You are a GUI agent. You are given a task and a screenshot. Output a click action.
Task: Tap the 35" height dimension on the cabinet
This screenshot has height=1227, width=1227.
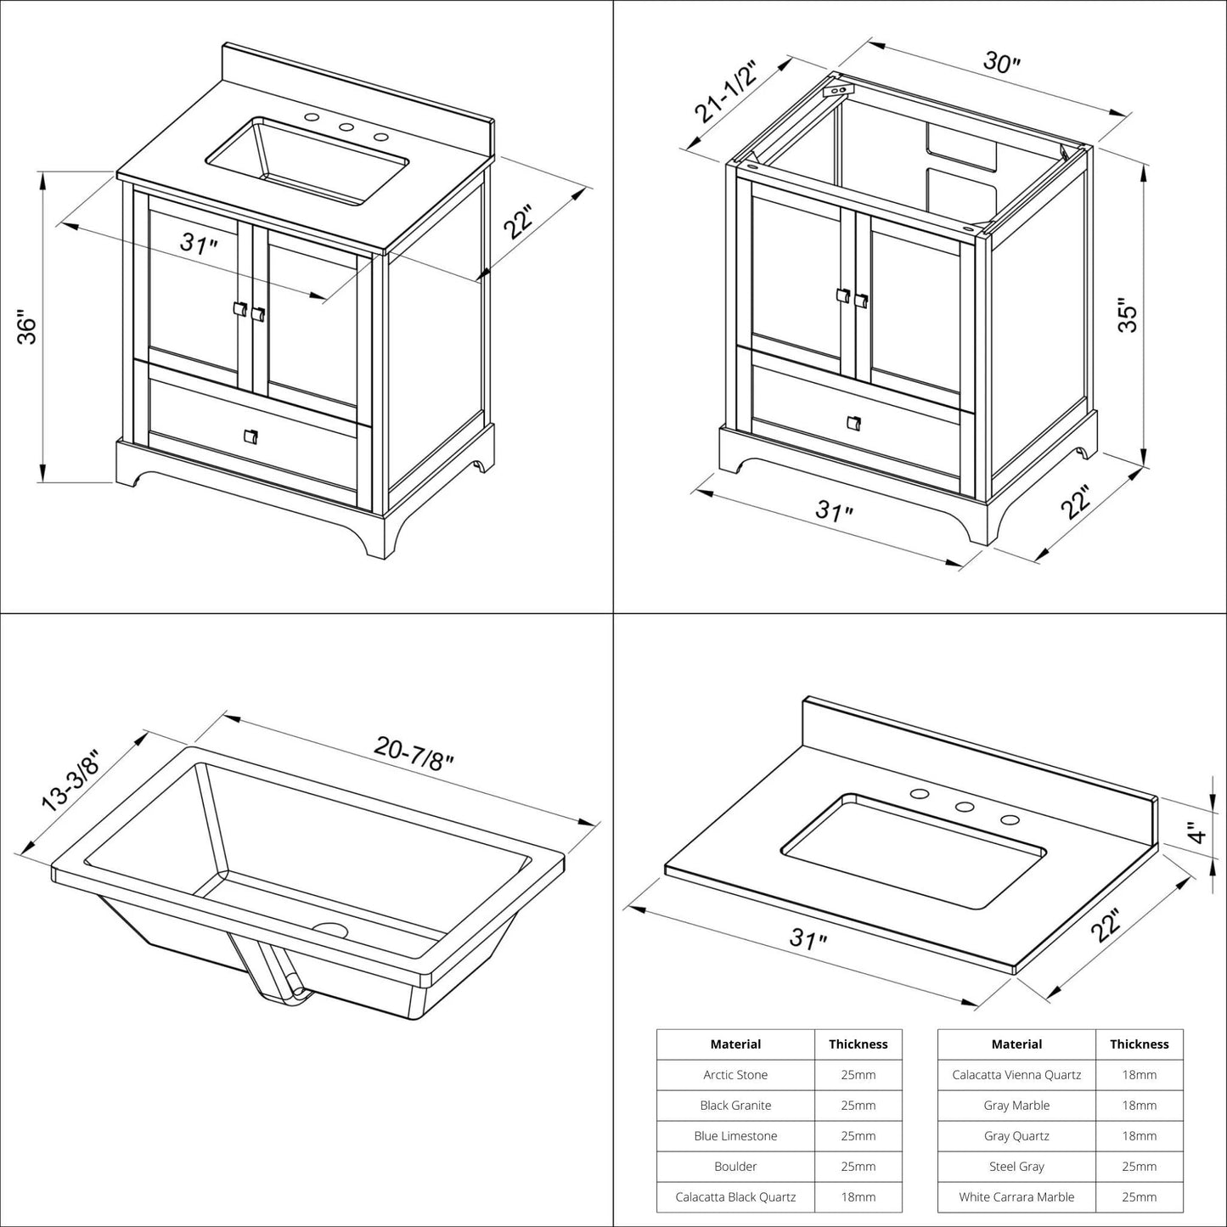coord(1127,315)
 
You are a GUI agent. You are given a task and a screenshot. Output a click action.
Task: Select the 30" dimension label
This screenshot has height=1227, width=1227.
coord(1002,63)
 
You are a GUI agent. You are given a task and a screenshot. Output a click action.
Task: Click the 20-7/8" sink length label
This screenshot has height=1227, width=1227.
coord(414,750)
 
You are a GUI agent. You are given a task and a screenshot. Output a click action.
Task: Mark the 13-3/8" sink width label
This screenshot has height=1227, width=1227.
coord(71,780)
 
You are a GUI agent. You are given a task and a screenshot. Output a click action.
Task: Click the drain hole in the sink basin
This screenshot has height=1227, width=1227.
coord(331,930)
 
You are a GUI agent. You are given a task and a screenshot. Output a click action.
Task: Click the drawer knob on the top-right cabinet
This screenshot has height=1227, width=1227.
coord(853,422)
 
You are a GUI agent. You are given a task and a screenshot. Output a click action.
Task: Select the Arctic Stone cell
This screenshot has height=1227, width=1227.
coord(735,1075)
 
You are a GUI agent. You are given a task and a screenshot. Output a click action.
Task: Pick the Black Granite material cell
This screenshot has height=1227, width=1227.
coord(735,1106)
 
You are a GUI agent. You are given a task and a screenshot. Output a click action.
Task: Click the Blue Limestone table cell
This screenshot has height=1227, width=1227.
coord(735,1136)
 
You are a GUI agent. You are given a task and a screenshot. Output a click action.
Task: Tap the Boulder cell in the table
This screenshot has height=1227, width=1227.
coord(735,1167)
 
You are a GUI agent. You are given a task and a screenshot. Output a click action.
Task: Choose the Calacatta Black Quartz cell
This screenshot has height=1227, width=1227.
coord(735,1197)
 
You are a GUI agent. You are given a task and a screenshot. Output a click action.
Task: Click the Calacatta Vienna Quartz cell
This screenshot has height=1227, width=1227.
coord(1016,1075)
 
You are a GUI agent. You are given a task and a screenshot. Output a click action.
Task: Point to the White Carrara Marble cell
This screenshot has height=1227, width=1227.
coord(1016,1197)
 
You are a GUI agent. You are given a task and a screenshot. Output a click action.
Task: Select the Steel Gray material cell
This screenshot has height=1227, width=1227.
coord(1016,1167)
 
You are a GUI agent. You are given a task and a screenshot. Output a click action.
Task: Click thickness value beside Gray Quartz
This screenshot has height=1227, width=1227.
coord(1139,1136)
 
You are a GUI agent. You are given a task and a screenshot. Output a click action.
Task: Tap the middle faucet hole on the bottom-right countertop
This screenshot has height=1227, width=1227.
coord(964,807)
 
